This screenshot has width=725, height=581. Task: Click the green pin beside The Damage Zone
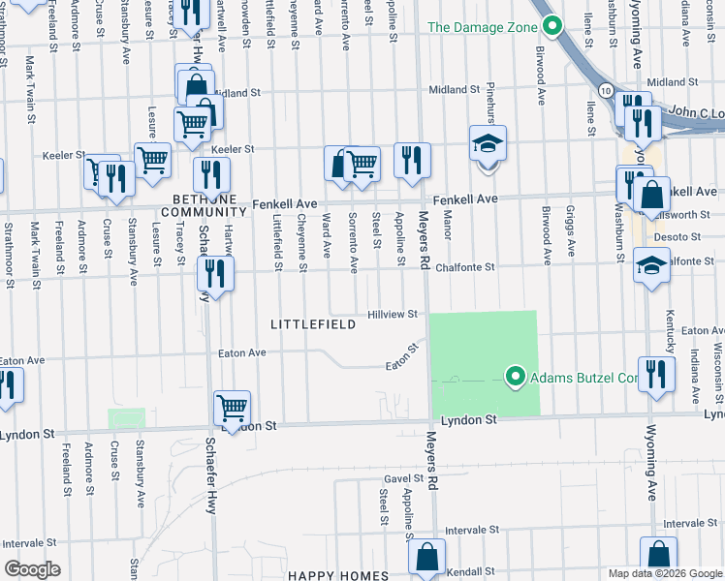tap(552, 26)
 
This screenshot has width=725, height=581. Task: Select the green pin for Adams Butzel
tap(516, 377)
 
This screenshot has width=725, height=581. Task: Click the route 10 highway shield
tap(605, 90)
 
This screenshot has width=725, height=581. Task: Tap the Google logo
tap(32, 568)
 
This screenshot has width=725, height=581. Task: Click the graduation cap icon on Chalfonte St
tap(651, 263)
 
